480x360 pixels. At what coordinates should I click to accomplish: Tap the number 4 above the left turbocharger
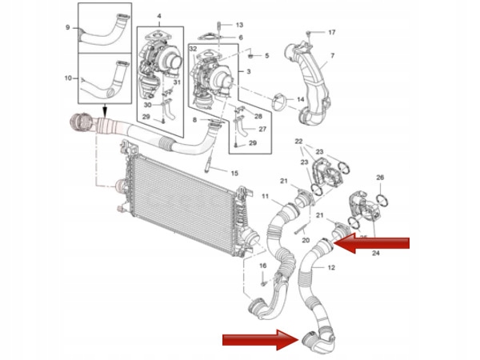158,17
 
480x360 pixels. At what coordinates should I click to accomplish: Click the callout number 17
332,32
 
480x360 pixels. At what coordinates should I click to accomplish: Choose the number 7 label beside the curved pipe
334,55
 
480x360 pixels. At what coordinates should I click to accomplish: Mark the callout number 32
193,50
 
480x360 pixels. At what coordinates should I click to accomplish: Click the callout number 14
301,99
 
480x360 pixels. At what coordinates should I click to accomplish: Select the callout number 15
234,173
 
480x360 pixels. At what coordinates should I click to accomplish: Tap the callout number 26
380,177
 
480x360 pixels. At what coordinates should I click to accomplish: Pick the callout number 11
266,195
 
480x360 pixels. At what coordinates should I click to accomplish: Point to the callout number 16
262,265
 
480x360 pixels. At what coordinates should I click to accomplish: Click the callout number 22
298,142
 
